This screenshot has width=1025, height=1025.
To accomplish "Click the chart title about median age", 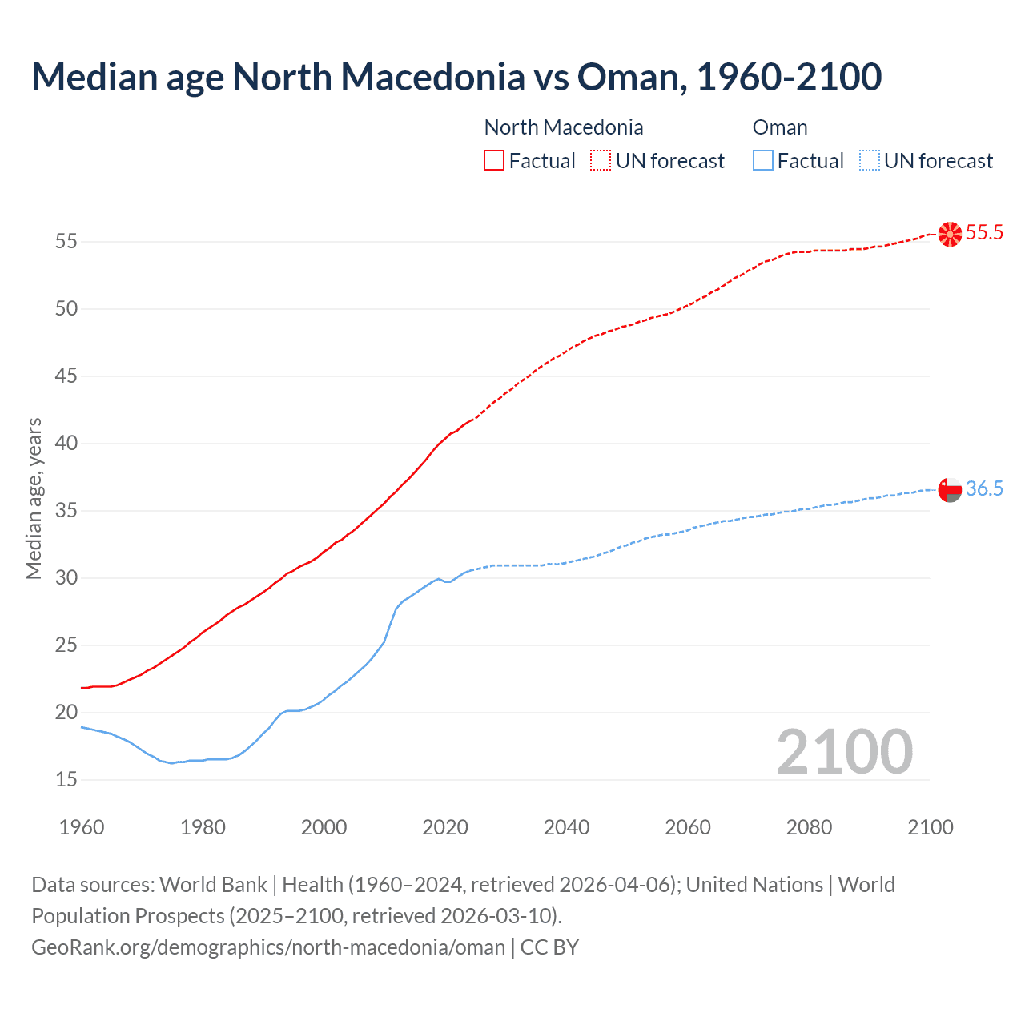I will click(456, 77).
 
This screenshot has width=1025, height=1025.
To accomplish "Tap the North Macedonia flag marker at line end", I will click(950, 234).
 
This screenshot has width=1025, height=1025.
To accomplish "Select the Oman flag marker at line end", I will click(950, 489).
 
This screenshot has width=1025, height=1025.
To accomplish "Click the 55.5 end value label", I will click(984, 233).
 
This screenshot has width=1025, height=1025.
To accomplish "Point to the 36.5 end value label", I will click(984, 489).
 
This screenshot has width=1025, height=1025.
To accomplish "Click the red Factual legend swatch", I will click(494, 161).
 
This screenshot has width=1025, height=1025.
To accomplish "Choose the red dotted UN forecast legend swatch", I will click(601, 161).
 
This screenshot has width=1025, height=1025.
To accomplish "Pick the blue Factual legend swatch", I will click(763, 161).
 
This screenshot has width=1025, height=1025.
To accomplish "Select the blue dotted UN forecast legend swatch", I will click(869, 161).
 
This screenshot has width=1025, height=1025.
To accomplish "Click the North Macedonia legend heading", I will click(564, 127).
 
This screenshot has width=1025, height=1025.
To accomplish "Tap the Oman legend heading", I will click(780, 127).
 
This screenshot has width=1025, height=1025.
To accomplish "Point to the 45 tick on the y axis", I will click(66, 376).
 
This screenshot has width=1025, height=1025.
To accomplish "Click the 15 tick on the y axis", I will click(66, 779).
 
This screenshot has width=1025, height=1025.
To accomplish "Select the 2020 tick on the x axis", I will click(445, 827).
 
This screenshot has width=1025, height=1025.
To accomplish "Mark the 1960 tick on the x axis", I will click(82, 827).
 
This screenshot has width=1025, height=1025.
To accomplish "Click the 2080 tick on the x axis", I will click(809, 827).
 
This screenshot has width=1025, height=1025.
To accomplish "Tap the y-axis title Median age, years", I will click(34, 498).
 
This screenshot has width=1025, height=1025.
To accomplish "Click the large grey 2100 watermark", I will click(844, 752).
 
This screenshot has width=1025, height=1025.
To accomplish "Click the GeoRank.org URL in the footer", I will click(268, 947).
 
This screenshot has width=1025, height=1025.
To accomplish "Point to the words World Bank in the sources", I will click(213, 885).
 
